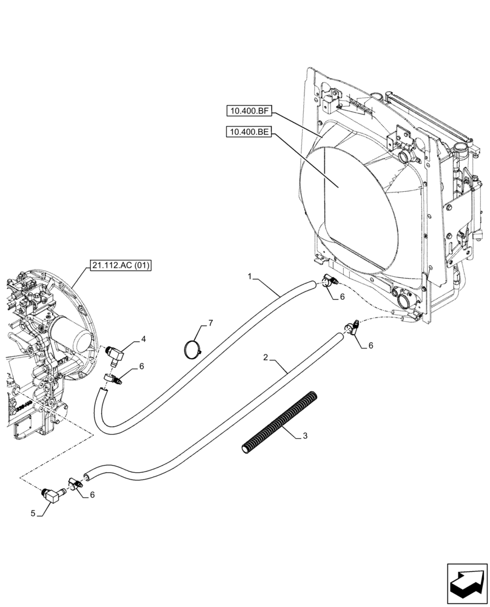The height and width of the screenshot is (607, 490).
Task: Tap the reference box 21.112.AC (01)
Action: point(121,265)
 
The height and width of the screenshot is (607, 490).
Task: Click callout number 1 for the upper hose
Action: point(250,276)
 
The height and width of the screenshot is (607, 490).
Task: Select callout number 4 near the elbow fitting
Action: point(144,341)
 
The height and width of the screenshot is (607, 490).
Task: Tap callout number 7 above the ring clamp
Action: point(210,324)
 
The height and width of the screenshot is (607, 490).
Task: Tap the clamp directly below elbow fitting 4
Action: point(113,379)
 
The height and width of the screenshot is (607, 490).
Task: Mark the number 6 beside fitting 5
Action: point(92,495)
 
